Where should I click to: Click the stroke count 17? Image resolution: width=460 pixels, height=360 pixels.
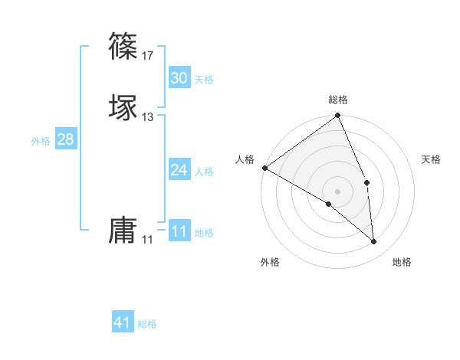coord(148,56)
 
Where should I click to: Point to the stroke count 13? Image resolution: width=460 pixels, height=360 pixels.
coord(148,117)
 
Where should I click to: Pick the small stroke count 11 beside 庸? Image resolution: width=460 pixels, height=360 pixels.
coord(148,240)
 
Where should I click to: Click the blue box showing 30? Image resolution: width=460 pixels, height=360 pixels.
coord(179,78)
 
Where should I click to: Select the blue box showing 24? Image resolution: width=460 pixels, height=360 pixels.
coord(179,170)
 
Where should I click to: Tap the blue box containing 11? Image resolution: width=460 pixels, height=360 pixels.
coord(179,231)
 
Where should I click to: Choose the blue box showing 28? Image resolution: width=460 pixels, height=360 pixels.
coord(65,139)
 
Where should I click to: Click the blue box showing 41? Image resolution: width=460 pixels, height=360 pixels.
coord(123,322)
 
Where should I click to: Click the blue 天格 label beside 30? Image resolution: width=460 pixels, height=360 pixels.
coord(204,80)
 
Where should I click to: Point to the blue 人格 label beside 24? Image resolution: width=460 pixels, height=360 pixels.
coord(204,172)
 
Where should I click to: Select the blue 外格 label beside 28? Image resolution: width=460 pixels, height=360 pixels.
coord(41,141)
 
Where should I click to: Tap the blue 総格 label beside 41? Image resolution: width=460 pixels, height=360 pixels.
coord(147,324)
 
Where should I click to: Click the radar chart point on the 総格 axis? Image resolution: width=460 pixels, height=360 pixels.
coord(338,116)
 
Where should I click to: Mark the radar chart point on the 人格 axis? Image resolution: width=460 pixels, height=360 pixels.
coord(264,168)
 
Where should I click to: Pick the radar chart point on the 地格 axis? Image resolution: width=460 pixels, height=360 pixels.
coord(374,242)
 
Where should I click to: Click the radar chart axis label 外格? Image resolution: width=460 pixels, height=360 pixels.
coord(270,263)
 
